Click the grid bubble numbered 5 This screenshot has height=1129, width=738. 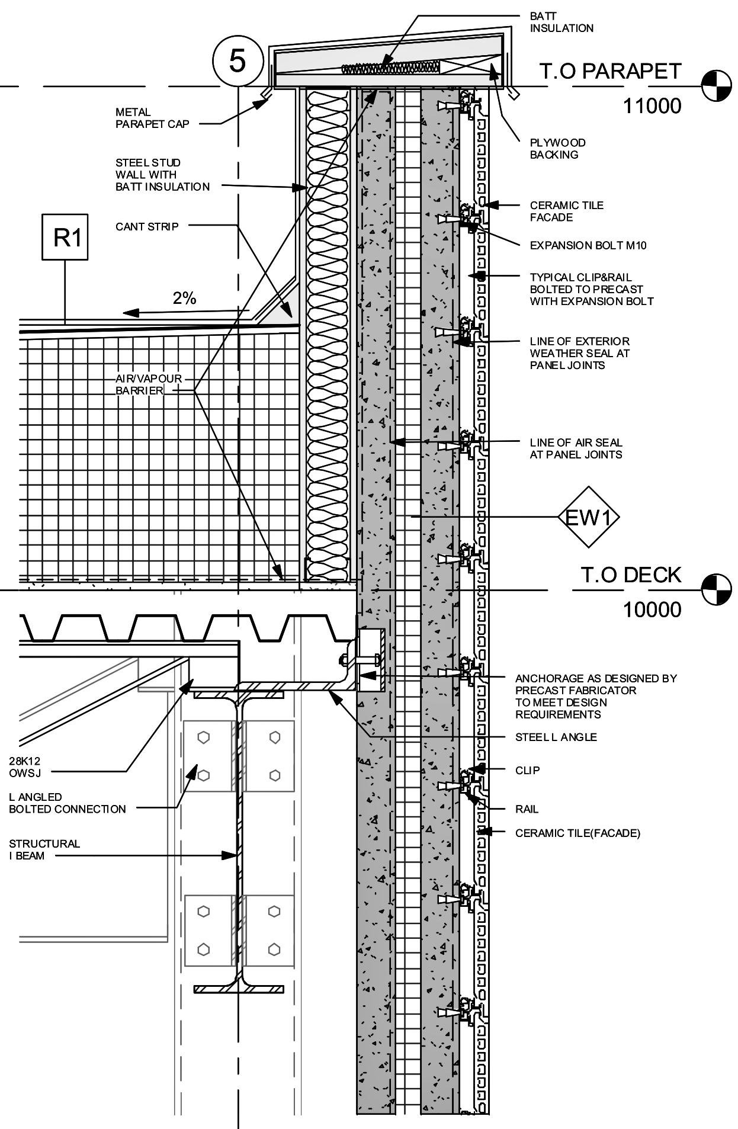pos(238,61)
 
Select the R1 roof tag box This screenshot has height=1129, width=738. pos(65,237)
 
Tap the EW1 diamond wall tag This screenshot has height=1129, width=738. pos(588,518)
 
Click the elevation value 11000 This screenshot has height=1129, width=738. pos(652,106)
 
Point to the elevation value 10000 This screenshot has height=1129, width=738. pos(652,609)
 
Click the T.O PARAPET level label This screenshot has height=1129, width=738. pos(611,71)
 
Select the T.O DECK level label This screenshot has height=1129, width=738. pos(631,575)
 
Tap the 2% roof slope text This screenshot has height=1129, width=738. pos(184,299)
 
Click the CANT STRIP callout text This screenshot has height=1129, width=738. pos(147,226)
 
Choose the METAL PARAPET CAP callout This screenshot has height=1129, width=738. pos(152,118)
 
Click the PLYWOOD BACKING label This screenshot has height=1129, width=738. pos(557,149)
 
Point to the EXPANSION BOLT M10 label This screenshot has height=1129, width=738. pos(588,245)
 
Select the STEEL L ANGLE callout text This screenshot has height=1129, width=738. pos(556,737)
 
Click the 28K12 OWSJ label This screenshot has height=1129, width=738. pos(25,766)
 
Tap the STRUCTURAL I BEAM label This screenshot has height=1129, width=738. pos(44,849)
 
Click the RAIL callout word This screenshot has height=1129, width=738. pos(527,809)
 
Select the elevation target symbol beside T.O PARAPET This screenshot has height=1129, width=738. pos(716,86)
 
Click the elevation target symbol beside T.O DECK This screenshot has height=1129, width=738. pos(716,589)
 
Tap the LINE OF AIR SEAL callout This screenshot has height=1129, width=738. pos(576,448)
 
